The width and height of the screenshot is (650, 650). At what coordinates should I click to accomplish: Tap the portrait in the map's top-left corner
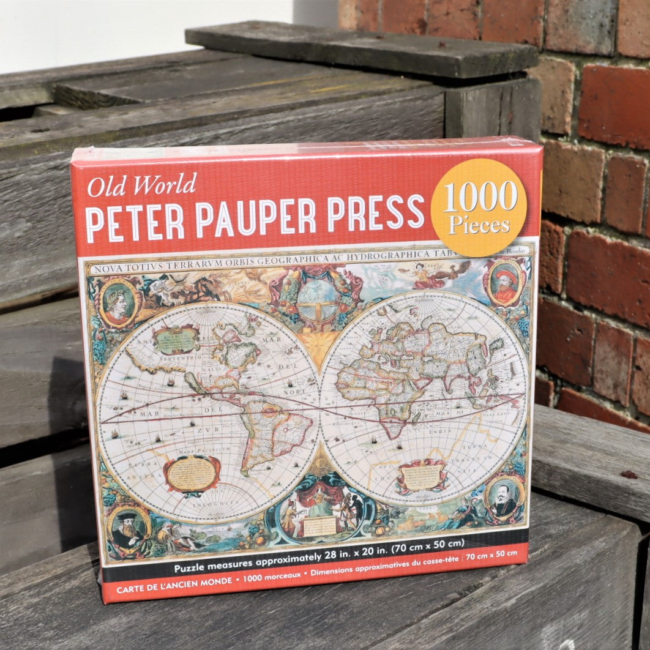tap(118, 302)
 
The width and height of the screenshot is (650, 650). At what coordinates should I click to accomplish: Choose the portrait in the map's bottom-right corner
tap(504, 498)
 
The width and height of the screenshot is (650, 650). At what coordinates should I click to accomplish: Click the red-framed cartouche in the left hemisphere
tap(192, 475)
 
